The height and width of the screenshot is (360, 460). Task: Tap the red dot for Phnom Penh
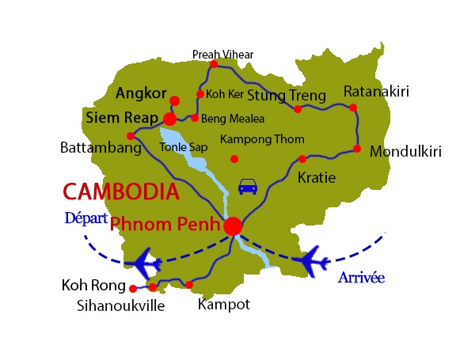coord(232,226)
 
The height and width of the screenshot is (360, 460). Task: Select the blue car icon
coord(248,187)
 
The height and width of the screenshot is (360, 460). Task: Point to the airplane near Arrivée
coord(311,259)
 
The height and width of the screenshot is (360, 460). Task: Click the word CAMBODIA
coord(120,191)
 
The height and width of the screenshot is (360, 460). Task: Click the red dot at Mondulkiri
coord(357,149)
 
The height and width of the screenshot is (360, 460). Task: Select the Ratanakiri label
coord(376,92)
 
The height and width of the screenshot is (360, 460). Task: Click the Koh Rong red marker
coord(133,289)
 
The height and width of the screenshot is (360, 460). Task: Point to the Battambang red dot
coord(131,135)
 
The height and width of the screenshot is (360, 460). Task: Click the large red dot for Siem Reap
coord(169,119)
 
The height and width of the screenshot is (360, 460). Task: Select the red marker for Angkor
coord(174,100)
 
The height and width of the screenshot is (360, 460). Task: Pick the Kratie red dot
coord(302,159)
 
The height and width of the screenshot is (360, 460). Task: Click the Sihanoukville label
coord(122,305)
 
